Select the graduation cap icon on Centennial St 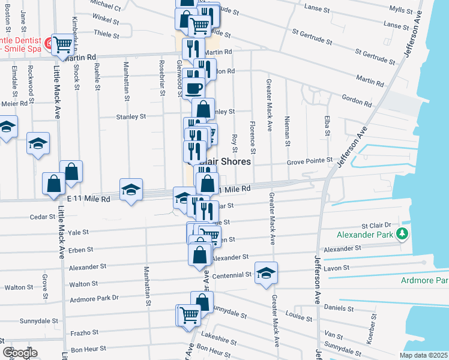(x=266, y=274)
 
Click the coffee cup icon (x=193, y=89)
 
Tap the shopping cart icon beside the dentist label (x=62, y=44)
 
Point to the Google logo (x=20, y=353)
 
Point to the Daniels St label (x=338, y=308)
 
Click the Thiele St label (x=105, y=34)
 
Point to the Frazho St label (x=83, y=332)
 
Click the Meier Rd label (x=14, y=103)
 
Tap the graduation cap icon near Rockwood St (x=38, y=144)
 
